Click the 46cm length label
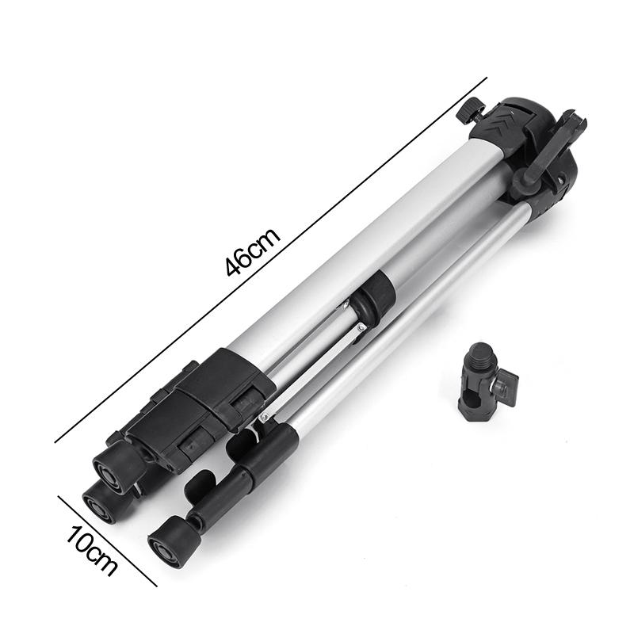(253, 251)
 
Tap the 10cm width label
(92, 549)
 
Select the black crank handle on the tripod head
(547, 155)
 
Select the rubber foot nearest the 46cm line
(119, 463)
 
